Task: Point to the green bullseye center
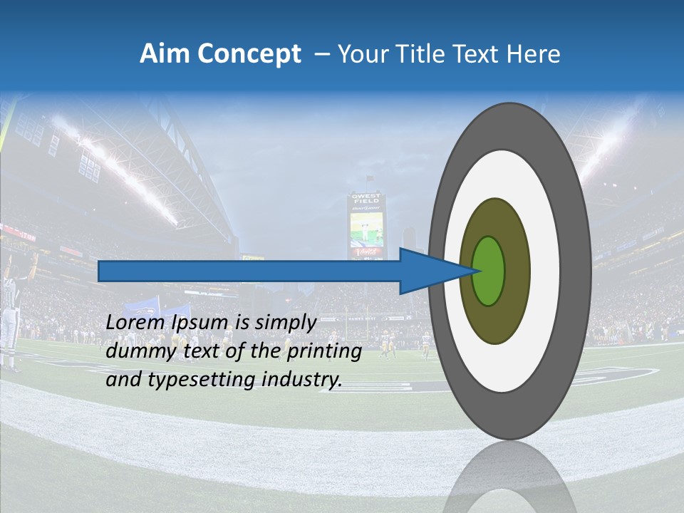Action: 489,271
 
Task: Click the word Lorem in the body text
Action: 131,323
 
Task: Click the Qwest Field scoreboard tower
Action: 366,225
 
